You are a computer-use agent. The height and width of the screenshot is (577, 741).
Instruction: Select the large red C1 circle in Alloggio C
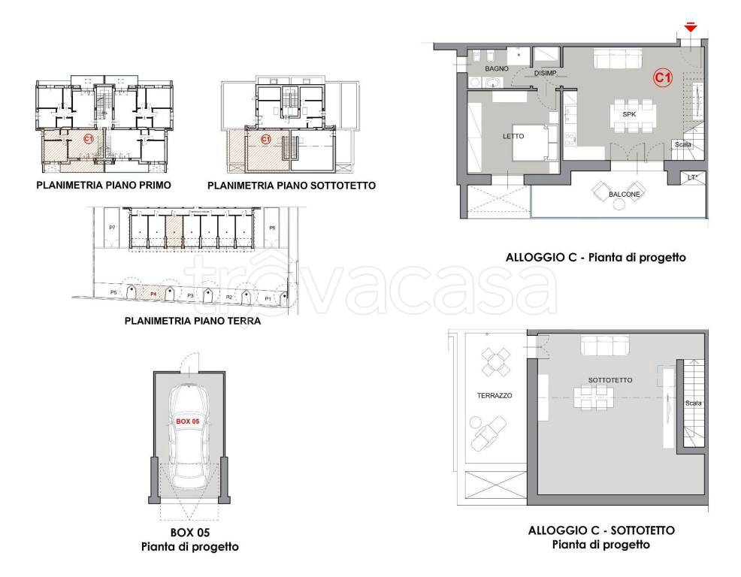[x=662, y=77]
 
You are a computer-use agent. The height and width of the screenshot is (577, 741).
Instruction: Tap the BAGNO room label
[x=498, y=68]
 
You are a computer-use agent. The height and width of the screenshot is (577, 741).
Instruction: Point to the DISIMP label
[x=546, y=74]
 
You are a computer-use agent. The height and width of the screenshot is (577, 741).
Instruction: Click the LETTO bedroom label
[x=513, y=136]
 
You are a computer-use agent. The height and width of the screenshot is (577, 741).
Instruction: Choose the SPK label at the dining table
[x=629, y=113]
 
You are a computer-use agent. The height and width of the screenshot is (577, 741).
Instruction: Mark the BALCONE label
[x=625, y=194]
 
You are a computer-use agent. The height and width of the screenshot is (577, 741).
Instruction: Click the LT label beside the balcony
[x=691, y=178]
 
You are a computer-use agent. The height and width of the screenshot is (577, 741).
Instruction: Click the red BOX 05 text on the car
[x=187, y=422]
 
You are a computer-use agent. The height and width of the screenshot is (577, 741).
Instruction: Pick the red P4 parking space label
[x=153, y=294]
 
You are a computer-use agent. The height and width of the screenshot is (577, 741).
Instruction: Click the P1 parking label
[x=267, y=298]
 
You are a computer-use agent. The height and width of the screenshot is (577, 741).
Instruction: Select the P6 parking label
[x=272, y=227]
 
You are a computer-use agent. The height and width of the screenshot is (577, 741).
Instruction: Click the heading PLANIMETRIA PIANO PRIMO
[x=104, y=185]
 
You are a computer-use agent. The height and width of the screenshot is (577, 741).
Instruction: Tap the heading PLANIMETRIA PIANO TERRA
[x=192, y=321]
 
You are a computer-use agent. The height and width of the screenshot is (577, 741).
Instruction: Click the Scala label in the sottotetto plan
[x=693, y=403]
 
